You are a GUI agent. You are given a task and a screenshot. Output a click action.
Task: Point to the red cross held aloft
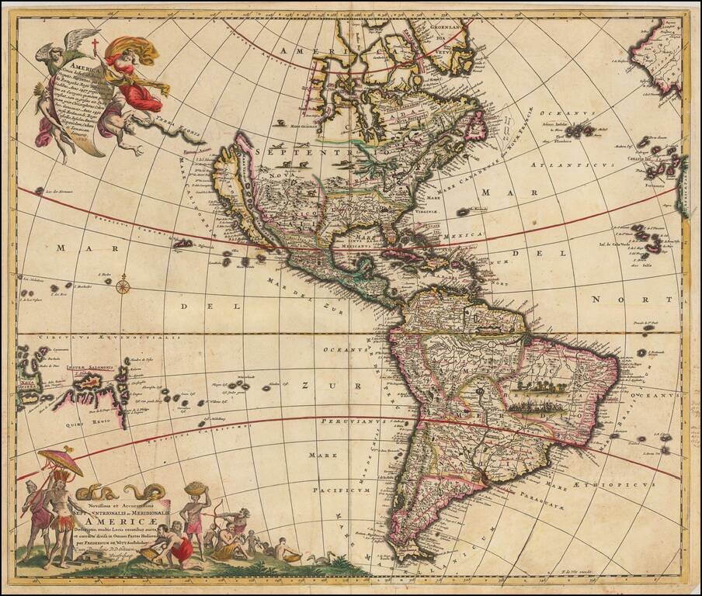96,46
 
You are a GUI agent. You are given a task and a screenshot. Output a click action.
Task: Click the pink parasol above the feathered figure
60,461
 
